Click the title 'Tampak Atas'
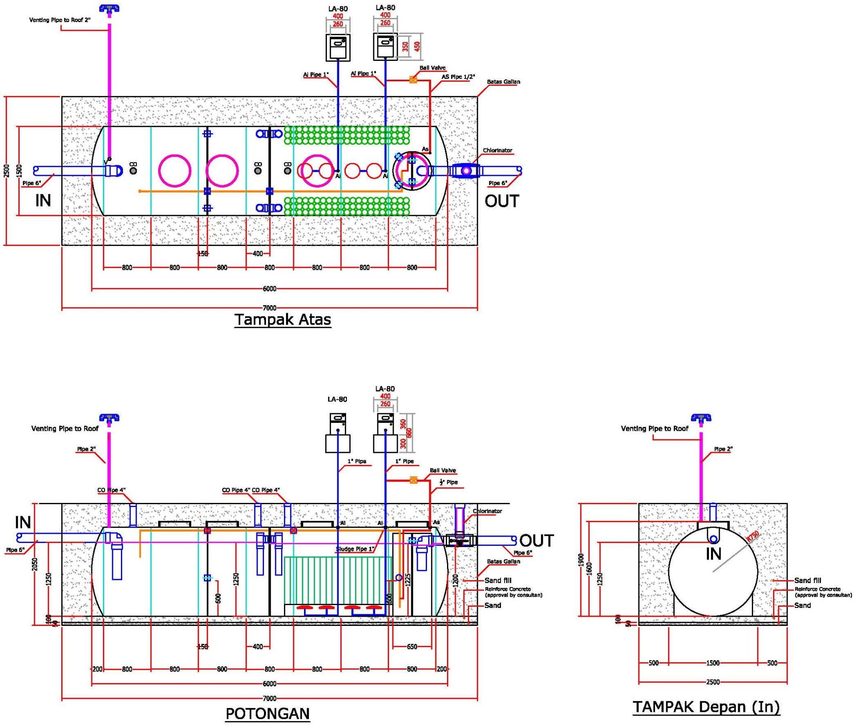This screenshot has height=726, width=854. coord(283,319)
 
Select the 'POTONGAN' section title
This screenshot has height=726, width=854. coord(268,713)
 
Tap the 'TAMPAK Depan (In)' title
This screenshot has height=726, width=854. coord(706,706)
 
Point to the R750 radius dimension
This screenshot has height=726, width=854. coord(753,536)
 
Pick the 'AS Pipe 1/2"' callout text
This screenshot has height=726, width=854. coord(458,77)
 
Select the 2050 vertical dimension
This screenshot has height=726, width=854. coord(35,564)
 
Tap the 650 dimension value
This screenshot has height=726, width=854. coord(412,646)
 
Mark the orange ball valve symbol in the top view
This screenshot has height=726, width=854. coord(413,80)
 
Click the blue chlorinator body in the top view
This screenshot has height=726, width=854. coord(466,171)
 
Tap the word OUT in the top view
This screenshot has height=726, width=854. coord(502,201)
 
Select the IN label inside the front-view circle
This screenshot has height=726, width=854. coord(713,554)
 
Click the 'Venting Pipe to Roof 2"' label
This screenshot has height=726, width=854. coord(60,20)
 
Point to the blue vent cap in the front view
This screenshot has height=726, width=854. coord(701,418)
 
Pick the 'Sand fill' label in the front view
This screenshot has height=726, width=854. coord(807,580)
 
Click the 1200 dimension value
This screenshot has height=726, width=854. coord(455,580)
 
